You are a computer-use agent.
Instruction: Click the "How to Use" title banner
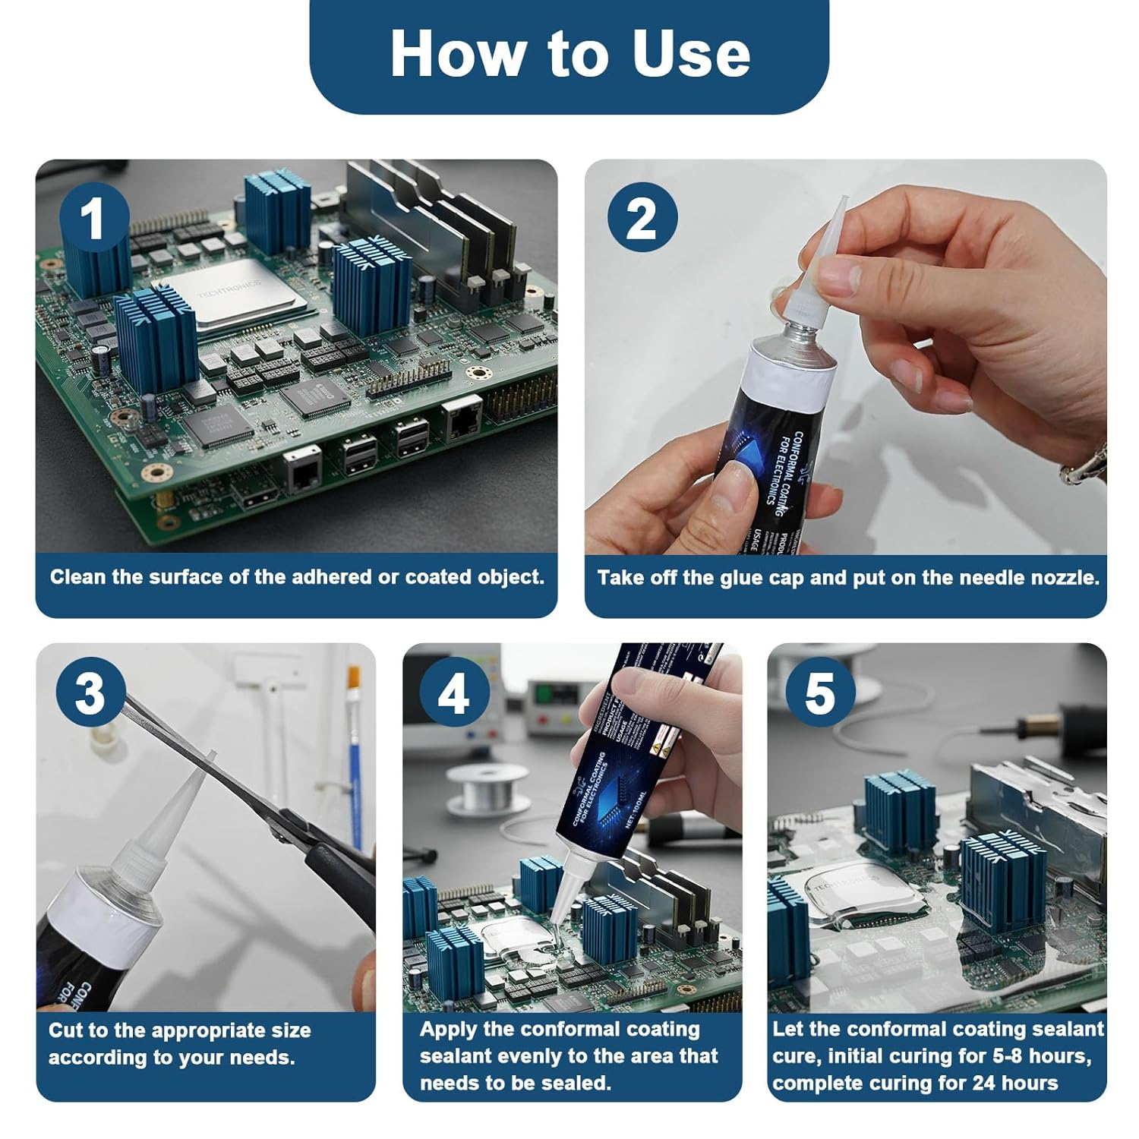click(569, 55)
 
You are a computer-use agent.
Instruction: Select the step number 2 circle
click(642, 219)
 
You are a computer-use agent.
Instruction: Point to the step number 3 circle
click(90, 693)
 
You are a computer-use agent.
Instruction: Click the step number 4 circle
click(453, 693)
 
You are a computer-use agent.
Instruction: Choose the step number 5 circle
click(819, 693)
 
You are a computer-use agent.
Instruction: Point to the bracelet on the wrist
click(1086, 463)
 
